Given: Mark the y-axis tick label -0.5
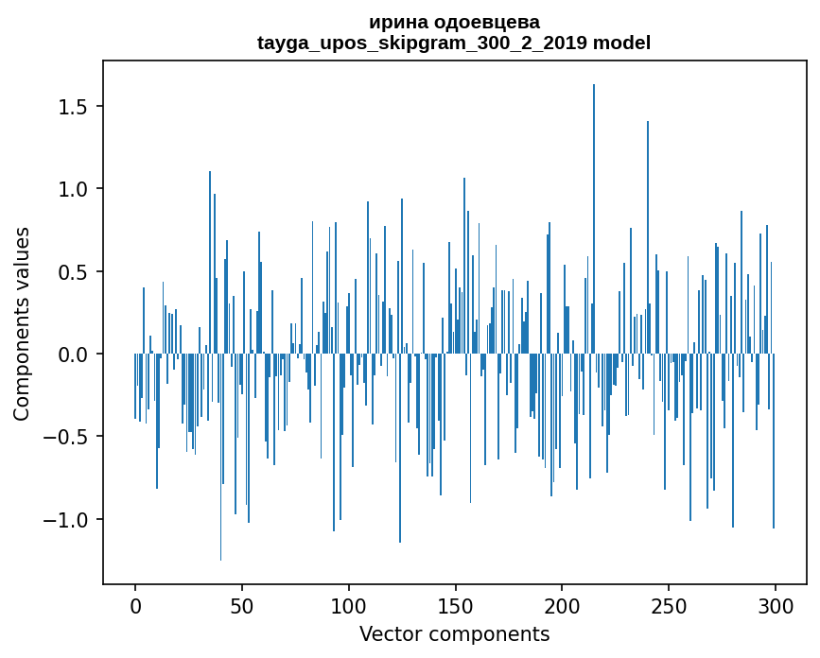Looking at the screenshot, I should tap(65, 438).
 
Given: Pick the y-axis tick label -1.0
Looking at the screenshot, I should tap(65, 520).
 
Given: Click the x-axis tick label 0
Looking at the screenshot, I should tap(135, 604).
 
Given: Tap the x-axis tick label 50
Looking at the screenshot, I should tap(242, 604).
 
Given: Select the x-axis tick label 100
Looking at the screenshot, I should tap(349, 604).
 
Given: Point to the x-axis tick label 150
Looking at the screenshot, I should tap(456, 604).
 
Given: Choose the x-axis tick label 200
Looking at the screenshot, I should tap(563, 604).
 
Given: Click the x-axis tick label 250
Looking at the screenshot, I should tap(669, 604).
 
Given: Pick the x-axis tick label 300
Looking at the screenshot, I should tap(776, 604).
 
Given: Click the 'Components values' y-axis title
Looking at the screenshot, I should tap(22, 323).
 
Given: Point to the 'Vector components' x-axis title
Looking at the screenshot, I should tap(454, 633).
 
